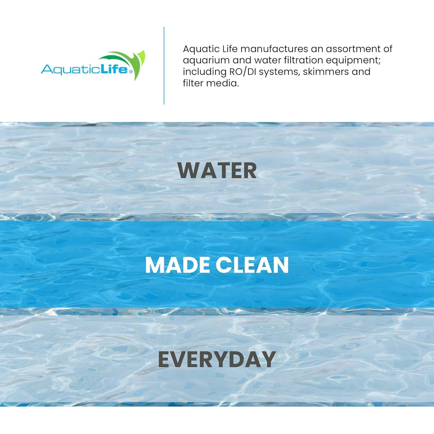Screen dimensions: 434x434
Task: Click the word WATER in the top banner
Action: [x=217, y=170]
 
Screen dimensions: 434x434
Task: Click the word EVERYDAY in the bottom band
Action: [x=217, y=359]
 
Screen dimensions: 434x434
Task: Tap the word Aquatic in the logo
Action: [x=70, y=70]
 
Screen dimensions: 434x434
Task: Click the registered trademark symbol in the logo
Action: [x=131, y=71]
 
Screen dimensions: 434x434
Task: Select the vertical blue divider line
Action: [x=164, y=66]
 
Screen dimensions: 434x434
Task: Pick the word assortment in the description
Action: [x=353, y=49]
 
